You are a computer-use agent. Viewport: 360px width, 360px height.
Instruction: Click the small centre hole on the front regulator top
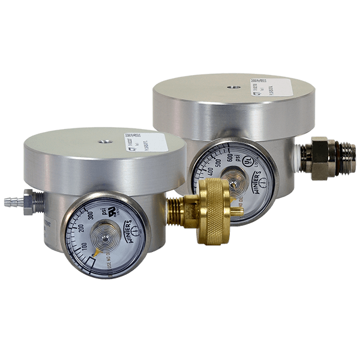click(x=104, y=142)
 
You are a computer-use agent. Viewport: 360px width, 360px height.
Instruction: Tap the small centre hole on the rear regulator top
click(x=231, y=86)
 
